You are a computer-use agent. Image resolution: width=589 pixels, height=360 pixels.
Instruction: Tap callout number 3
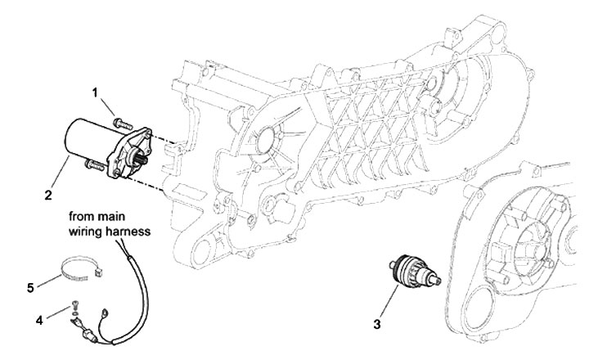tap(377, 326)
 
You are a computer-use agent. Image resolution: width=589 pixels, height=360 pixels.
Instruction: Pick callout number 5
tap(30, 287)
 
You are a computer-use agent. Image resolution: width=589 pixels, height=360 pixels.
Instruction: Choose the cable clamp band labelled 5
tap(79, 269)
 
